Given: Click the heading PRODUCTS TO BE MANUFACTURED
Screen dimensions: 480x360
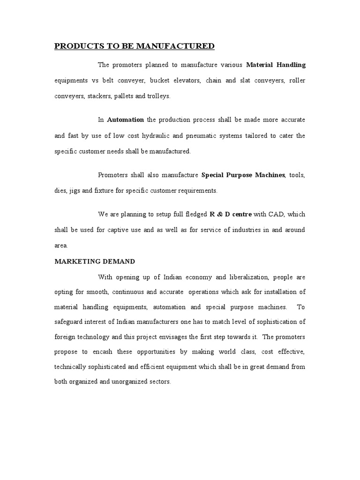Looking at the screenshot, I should [x=135, y=46].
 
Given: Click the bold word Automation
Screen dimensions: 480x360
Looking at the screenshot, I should [x=125, y=120].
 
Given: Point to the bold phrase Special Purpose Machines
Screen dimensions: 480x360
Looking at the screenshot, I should [x=243, y=175].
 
